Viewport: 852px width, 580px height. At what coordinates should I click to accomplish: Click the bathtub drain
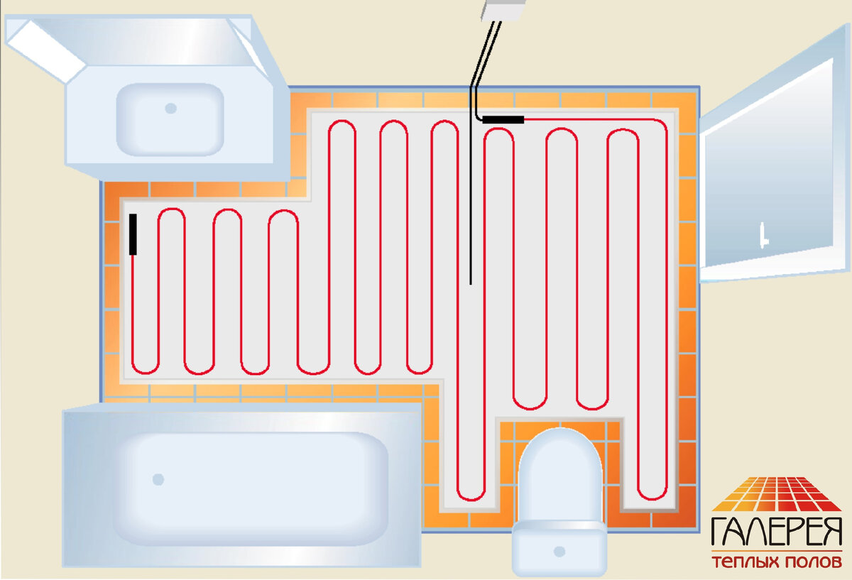158,479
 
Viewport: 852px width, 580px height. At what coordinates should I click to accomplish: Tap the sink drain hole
170,109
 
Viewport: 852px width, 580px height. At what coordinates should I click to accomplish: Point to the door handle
763,235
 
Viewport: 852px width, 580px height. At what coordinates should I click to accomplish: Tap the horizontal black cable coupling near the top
503,119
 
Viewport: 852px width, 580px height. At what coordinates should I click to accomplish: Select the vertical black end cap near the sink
133,234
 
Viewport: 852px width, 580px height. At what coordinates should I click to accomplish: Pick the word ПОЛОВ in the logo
812,562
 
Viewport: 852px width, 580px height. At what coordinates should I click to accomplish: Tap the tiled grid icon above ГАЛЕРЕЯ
777,494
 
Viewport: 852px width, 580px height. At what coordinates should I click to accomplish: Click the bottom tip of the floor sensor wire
471,283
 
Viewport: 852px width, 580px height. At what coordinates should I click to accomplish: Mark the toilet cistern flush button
559,551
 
